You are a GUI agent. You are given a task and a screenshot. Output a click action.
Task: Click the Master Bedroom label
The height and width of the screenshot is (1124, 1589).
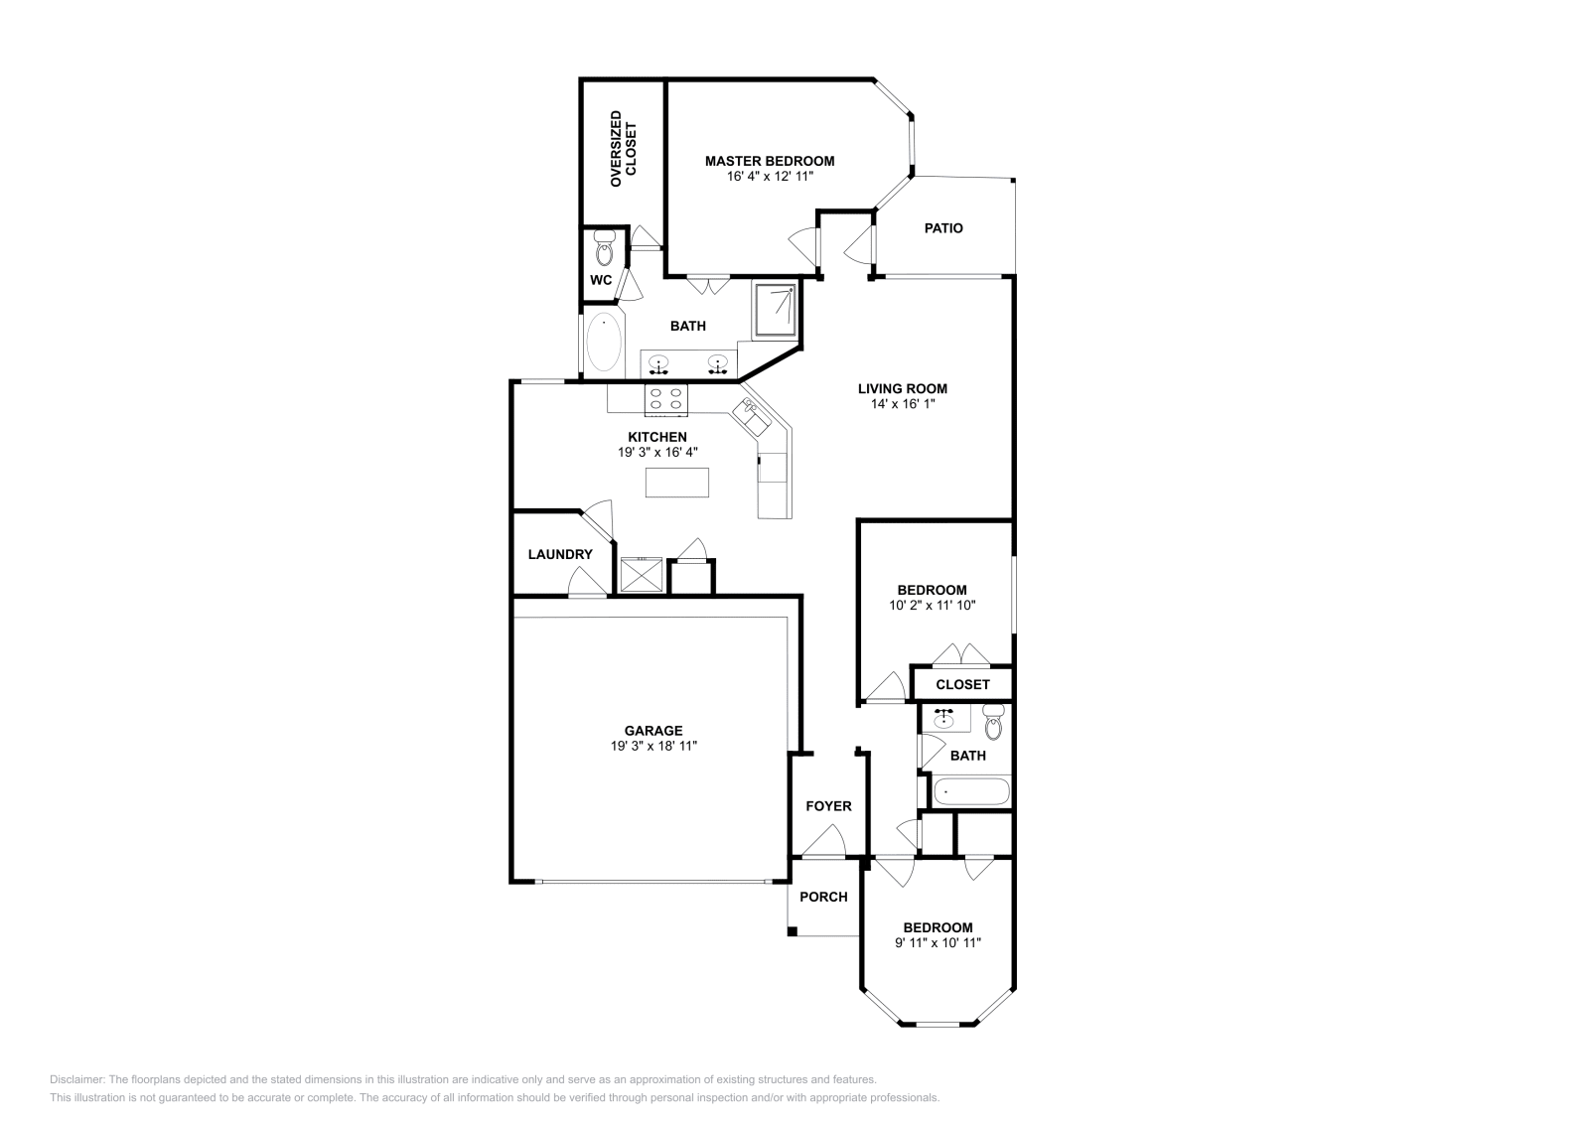(769, 161)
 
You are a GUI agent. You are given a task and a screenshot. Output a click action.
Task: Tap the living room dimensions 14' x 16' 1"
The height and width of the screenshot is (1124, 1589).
(902, 404)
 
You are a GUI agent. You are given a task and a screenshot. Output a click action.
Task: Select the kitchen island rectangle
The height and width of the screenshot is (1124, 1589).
(677, 482)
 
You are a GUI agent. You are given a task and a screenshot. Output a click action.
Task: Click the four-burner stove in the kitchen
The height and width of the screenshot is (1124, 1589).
(666, 399)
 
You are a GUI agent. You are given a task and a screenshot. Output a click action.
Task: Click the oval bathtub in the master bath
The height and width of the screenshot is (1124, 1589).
(603, 342)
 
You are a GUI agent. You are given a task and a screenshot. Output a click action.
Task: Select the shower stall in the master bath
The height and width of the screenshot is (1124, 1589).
(774, 310)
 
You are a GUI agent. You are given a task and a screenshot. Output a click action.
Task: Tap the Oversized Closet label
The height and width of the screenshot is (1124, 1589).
(623, 149)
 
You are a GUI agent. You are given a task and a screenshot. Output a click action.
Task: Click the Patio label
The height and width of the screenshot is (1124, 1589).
(943, 228)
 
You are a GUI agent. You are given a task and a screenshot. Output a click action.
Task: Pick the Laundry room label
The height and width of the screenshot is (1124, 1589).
(559, 554)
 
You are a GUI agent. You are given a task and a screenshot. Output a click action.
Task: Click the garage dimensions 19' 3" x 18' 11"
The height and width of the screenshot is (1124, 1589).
(652, 746)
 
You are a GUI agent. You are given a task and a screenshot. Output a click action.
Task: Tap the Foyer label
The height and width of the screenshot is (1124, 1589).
(828, 806)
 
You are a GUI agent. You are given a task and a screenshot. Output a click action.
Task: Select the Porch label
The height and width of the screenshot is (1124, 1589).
(823, 897)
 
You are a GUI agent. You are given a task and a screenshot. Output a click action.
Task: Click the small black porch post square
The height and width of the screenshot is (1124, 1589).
(792, 931)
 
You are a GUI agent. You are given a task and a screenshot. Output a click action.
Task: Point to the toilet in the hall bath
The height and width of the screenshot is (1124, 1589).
(993, 724)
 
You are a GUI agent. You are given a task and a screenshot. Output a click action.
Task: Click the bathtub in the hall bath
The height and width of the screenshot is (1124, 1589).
(970, 792)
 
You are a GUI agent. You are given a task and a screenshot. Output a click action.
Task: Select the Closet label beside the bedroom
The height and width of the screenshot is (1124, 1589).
(962, 684)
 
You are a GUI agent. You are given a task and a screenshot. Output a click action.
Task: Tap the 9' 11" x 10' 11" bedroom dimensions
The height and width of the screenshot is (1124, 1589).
(938, 943)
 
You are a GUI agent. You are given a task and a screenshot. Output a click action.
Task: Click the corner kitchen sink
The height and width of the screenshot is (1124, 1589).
(751, 416)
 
